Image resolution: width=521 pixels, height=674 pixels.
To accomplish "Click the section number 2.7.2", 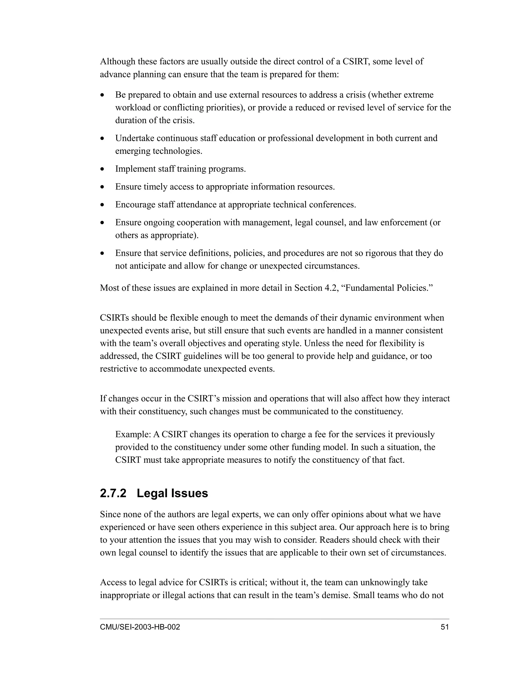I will tap(113, 493).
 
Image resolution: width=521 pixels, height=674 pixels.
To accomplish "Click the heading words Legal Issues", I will tap(172, 493).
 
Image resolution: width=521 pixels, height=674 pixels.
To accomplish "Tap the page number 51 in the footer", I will tap(445, 627).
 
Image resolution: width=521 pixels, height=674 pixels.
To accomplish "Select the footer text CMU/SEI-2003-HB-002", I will tap(140, 627).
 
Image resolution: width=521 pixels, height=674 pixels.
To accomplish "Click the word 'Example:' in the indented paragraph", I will tap(133, 434).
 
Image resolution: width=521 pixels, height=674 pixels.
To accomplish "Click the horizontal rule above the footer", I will tap(274, 619).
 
